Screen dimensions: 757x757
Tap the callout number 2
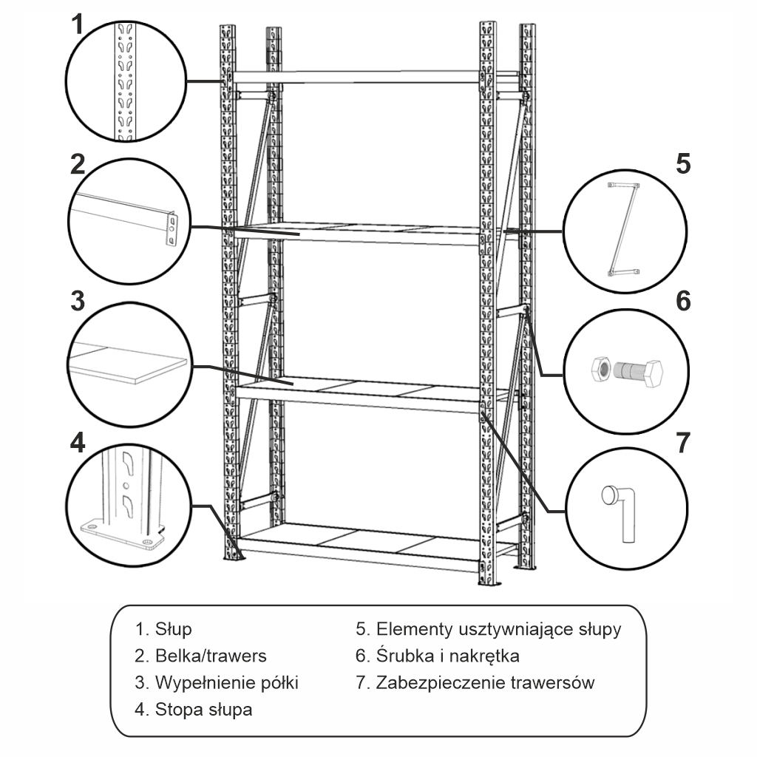(78, 164)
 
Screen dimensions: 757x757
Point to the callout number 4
(78, 441)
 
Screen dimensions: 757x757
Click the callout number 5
(682, 163)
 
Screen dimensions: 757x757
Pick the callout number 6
(682, 301)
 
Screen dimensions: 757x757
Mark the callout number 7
(682, 441)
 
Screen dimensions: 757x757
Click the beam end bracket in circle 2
(172, 228)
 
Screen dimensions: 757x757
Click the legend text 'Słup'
(173, 629)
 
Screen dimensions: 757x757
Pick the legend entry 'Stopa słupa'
(203, 710)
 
